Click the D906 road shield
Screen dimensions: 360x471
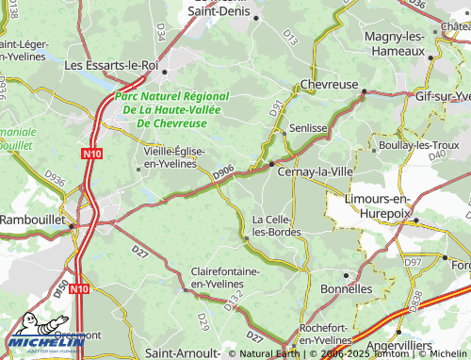tap(223, 172)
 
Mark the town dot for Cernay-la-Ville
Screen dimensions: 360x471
tap(271, 164)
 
